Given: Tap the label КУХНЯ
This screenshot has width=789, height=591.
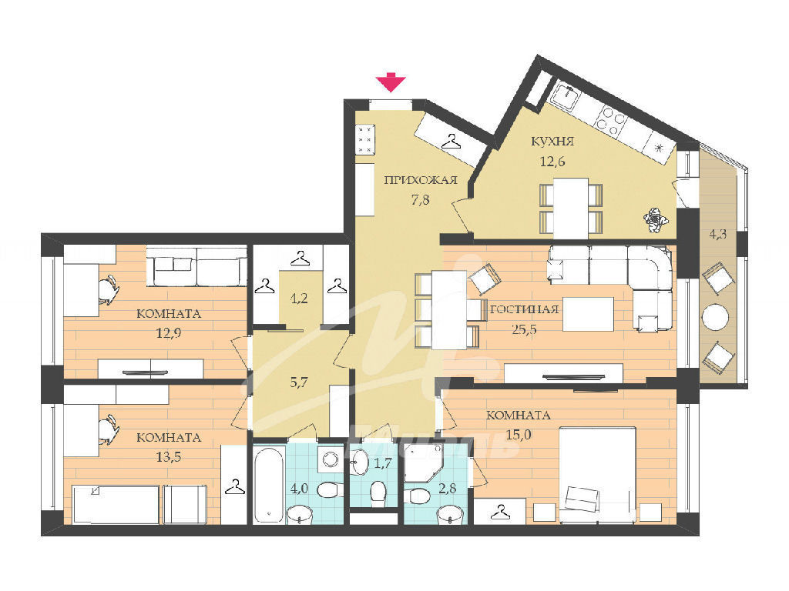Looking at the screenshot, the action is (x=552, y=142).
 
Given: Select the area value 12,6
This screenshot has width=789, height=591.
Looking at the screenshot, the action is (x=552, y=162).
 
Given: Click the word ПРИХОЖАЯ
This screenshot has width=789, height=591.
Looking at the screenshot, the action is (x=421, y=180).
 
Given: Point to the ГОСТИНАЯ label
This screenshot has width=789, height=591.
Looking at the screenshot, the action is (x=524, y=309).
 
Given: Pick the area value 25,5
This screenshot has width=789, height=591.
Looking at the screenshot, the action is (x=524, y=329).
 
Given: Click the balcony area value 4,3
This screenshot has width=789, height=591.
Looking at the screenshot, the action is (x=718, y=234).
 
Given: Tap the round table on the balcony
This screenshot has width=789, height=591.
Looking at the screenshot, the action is (x=715, y=317).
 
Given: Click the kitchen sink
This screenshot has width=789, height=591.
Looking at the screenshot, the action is (x=566, y=95).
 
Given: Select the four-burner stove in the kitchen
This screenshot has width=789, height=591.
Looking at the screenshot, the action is (x=610, y=121).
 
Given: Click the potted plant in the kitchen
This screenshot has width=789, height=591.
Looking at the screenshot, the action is (x=655, y=220).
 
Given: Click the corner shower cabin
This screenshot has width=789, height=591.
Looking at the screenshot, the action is (x=423, y=462).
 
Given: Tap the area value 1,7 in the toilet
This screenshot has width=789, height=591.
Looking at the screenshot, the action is (x=384, y=463).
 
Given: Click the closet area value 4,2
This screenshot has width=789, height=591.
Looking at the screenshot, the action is (x=299, y=298).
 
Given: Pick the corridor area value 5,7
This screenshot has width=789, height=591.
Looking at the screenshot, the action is (x=299, y=382).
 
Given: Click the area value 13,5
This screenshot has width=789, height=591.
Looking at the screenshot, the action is (x=169, y=457).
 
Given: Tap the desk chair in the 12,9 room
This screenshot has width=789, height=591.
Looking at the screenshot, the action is (x=108, y=289).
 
